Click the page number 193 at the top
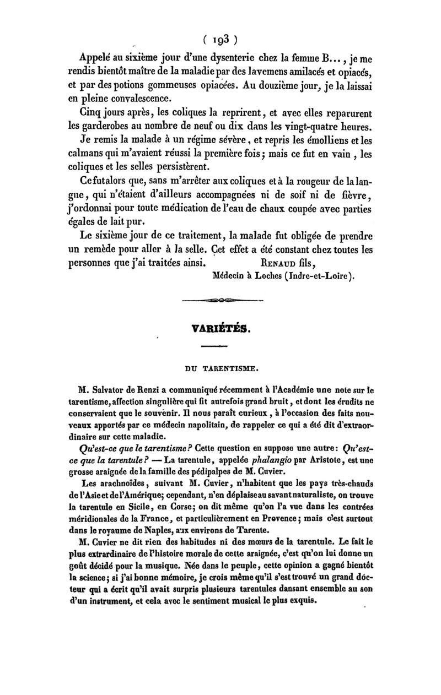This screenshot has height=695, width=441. (x=220, y=39)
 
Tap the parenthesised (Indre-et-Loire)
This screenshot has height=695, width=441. (x=318, y=276)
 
